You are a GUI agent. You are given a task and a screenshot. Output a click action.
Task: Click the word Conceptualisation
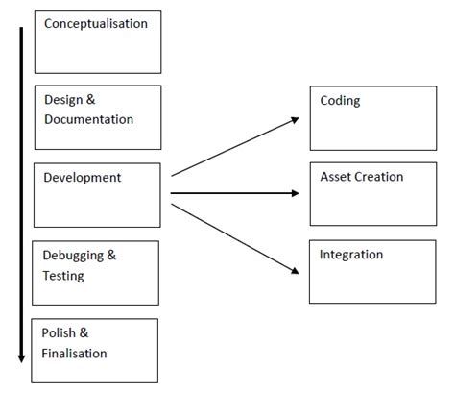96,23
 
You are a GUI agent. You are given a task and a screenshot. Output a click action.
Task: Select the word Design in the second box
64,100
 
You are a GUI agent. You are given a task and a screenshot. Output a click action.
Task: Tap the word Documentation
89,119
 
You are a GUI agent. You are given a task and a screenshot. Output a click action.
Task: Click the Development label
83,178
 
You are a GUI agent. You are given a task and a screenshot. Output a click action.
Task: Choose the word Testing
63,276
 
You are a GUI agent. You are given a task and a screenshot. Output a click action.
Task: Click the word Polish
60,332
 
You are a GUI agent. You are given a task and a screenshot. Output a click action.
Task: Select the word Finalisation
75,353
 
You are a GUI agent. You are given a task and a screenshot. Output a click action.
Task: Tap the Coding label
341,101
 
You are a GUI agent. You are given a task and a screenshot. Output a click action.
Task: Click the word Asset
337,178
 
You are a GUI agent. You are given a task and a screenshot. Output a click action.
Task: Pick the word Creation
381,178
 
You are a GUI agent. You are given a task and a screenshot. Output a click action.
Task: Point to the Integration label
352,256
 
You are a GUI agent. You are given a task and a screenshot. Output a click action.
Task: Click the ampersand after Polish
84,332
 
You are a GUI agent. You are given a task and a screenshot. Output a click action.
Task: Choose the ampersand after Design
92,100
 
